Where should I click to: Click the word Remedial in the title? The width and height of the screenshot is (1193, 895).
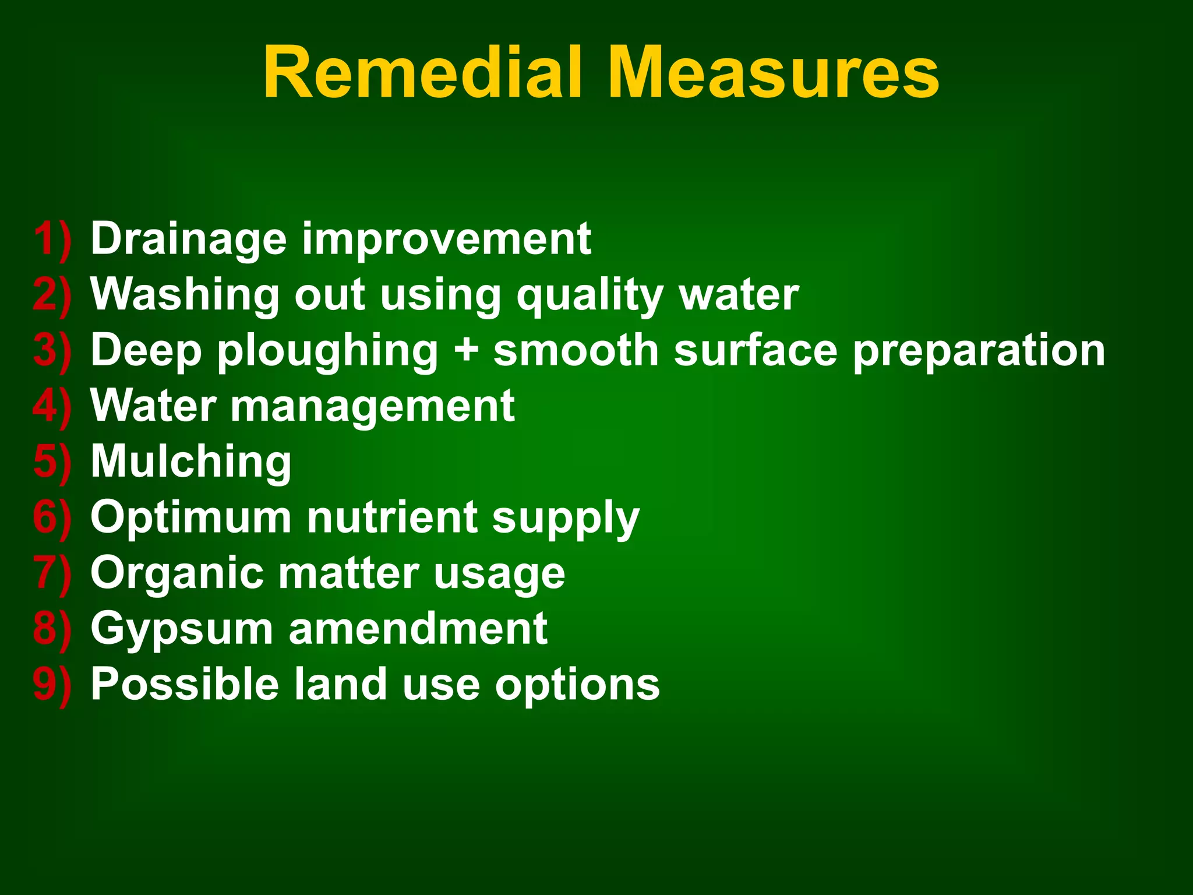tap(423, 73)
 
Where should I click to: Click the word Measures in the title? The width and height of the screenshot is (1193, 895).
tap(773, 73)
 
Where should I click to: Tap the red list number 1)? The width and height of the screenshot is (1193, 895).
tap(52, 239)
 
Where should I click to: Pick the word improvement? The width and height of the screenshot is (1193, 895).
tap(446, 239)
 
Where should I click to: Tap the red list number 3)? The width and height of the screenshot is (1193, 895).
tap(52, 351)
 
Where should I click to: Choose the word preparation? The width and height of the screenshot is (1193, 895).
tap(979, 351)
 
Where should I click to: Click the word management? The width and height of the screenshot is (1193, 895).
tap(373, 406)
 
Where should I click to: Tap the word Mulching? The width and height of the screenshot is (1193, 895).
tap(191, 462)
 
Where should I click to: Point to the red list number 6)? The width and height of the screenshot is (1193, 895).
tap(52, 517)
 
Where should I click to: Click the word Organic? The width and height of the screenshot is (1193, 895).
tap(177, 573)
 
